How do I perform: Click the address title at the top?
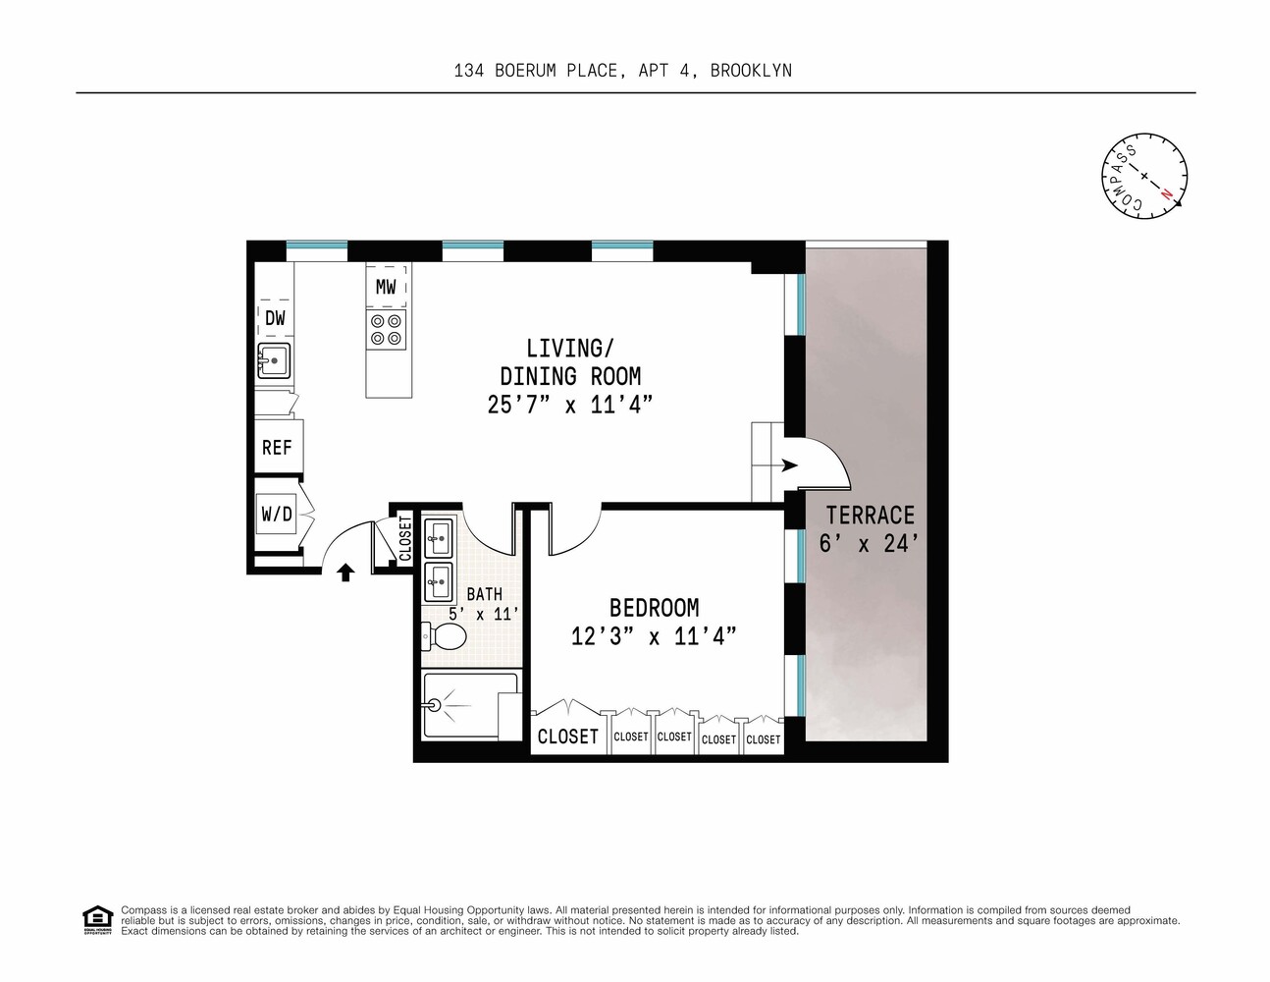622,71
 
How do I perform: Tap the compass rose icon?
1144,176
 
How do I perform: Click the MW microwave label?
386,287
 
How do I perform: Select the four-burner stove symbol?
386,329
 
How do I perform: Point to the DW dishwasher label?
275,318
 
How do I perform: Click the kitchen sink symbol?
274,360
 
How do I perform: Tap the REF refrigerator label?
277,448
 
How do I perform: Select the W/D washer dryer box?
277,515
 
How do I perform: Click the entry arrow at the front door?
345,573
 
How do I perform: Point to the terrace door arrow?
788,465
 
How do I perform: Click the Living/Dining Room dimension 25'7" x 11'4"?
570,404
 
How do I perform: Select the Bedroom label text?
654,608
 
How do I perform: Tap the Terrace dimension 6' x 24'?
870,543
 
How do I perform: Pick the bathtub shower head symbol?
436,704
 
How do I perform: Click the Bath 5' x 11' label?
484,604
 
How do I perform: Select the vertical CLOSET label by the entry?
405,538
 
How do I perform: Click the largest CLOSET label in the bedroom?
567,736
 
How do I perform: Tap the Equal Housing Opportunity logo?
97,920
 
